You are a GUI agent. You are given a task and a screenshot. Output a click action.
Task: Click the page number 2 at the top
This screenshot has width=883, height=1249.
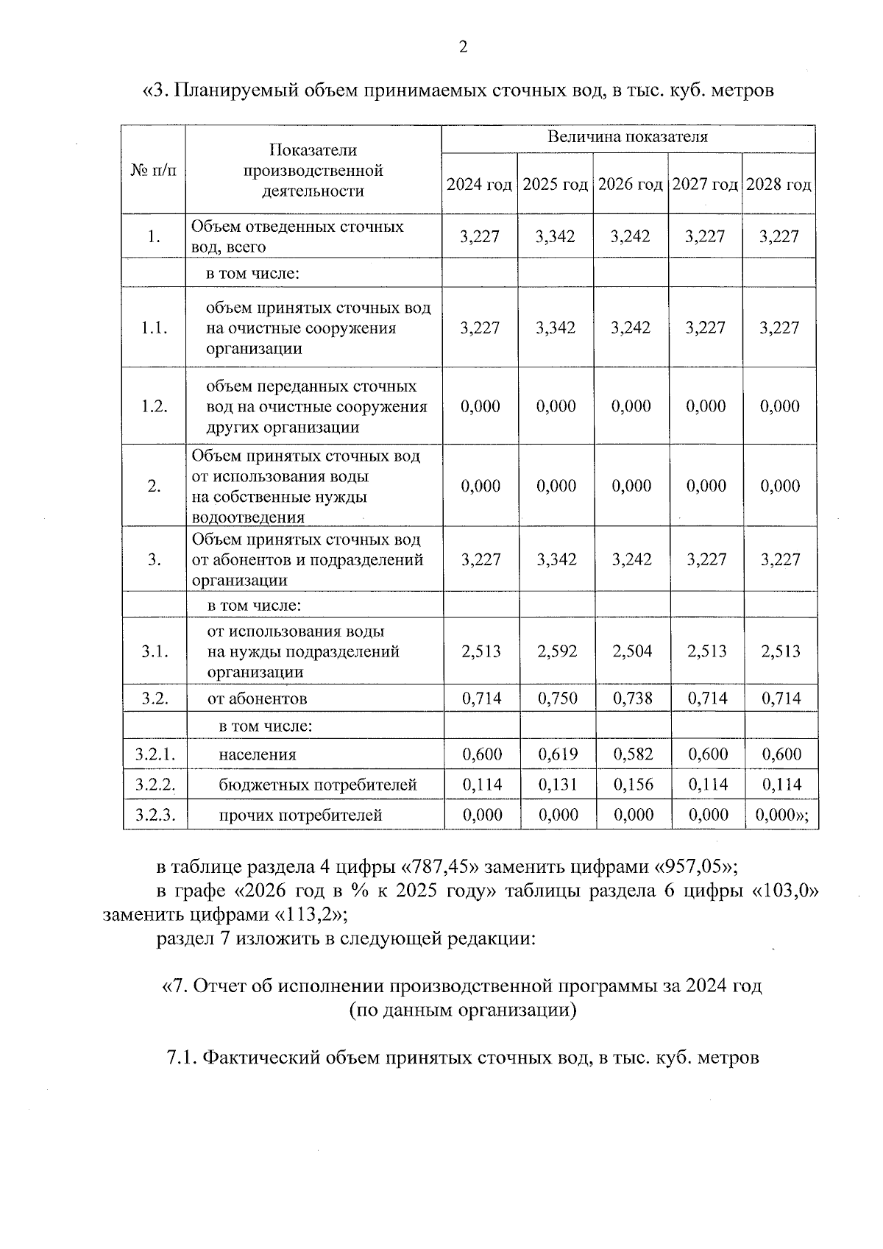tap(463, 48)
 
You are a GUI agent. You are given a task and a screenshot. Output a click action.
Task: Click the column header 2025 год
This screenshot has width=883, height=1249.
tap(556, 184)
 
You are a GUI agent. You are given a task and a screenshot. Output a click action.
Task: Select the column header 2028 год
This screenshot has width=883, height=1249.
tap(779, 184)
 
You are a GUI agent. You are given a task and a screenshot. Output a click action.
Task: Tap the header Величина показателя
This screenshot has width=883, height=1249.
tap(628, 138)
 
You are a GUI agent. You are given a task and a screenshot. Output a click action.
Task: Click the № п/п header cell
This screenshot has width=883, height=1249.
tap(154, 171)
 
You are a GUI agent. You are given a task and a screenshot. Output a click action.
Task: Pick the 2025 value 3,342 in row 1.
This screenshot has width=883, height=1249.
tap(556, 236)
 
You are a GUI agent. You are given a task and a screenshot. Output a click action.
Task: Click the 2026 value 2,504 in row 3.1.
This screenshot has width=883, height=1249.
tap(632, 651)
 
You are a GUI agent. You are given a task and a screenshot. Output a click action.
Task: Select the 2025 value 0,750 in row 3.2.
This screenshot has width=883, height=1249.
tap(557, 698)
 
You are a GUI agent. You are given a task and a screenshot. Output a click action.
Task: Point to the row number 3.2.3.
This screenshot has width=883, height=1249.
tap(155, 815)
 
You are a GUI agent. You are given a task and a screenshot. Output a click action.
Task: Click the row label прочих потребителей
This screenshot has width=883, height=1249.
tap(300, 815)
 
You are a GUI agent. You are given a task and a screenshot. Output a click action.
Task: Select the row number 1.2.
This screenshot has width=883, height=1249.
tap(155, 406)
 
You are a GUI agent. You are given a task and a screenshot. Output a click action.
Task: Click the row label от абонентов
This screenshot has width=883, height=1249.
tap(257, 698)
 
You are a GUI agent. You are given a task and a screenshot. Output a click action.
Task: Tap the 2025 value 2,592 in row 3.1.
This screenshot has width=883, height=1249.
tap(557, 651)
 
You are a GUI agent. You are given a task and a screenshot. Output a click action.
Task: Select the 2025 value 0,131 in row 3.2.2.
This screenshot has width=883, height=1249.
tap(557, 785)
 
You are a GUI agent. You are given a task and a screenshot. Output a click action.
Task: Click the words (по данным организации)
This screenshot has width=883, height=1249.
tap(462, 1010)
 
